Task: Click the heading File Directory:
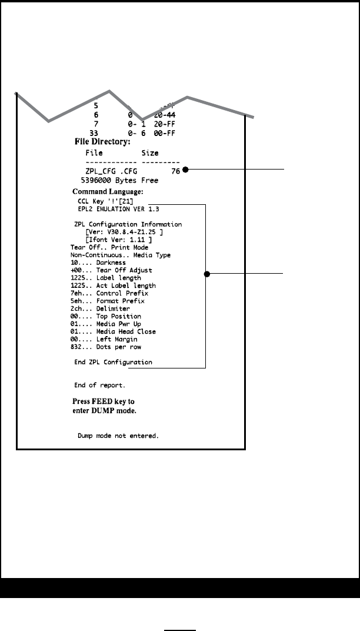pos(102,142)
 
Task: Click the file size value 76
pos(175,171)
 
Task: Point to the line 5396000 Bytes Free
pos(113,181)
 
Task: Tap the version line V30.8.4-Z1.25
pos(124,232)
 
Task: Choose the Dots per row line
pos(97,347)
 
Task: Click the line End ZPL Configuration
pos(113,363)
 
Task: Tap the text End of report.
pos(99,386)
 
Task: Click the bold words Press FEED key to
pos(104,401)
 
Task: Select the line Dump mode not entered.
pos(118,437)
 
